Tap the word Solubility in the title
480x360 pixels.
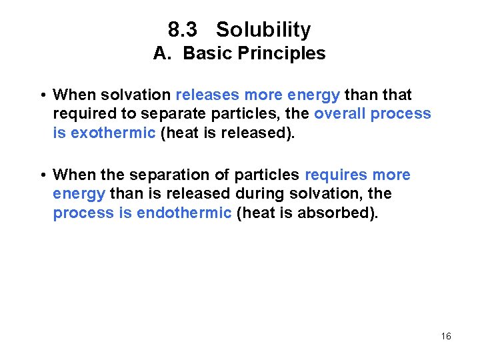(x=263, y=30)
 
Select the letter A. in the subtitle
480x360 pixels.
(x=163, y=53)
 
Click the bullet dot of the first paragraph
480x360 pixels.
(x=42, y=95)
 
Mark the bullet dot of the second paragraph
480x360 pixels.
(x=42, y=175)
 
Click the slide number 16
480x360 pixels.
(x=446, y=336)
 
